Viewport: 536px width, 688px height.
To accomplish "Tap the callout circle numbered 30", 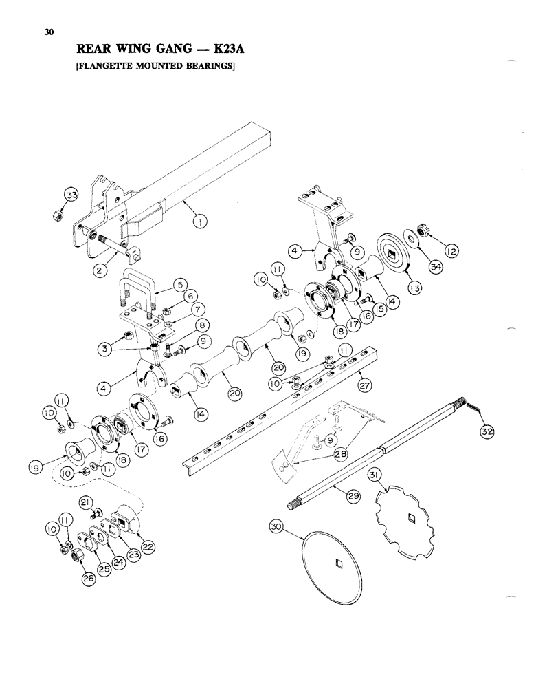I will tap(277, 528).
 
